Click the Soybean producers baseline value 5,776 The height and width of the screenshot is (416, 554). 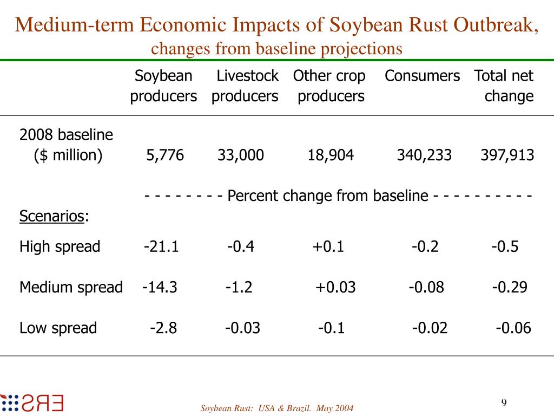[x=165, y=156]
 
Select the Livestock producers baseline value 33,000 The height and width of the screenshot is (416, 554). [x=241, y=156]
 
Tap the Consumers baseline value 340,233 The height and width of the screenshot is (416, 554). [x=424, y=156]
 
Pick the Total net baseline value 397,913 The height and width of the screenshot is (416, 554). [x=507, y=156]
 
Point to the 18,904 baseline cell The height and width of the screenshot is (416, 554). [x=331, y=156]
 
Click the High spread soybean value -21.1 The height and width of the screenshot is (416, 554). [x=161, y=247]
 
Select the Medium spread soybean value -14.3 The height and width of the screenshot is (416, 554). [x=160, y=287]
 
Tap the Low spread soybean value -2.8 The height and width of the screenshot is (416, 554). [x=163, y=328]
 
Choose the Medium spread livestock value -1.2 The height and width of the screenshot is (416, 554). [x=239, y=287]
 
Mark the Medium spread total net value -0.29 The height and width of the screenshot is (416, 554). [x=510, y=287]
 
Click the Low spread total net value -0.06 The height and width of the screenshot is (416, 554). [x=513, y=328]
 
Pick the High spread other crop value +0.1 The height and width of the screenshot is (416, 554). [x=328, y=247]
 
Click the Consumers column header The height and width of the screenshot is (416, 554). [x=423, y=76]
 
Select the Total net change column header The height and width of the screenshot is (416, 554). [x=504, y=86]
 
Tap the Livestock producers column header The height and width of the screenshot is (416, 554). [x=245, y=86]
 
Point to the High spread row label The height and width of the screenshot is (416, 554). [x=60, y=247]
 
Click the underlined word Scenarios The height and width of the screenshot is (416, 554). [x=52, y=217]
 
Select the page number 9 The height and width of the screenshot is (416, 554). [x=504, y=402]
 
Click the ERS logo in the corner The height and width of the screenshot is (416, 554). [x=32, y=403]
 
